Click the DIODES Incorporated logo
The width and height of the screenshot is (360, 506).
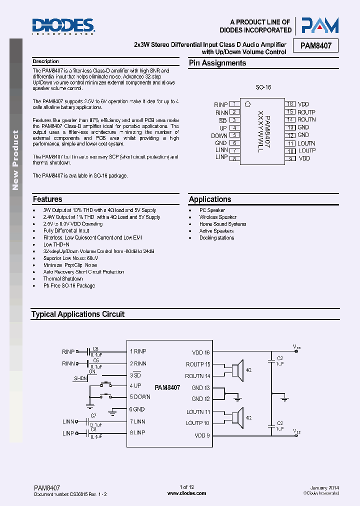click(x=63, y=26)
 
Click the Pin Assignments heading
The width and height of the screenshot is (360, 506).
click(x=217, y=63)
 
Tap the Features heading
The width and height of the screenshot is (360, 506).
click(x=47, y=199)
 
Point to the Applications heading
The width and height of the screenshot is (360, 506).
click(x=210, y=199)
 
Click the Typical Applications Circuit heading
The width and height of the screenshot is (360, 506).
click(x=77, y=314)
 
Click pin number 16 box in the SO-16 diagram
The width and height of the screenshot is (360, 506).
click(x=290, y=104)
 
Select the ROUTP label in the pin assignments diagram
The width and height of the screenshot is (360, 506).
click(x=306, y=112)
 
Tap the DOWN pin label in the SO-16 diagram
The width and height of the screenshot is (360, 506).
click(x=219, y=135)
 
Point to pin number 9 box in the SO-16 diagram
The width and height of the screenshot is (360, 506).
click(x=290, y=158)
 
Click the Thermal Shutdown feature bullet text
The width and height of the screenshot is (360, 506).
click(x=63, y=279)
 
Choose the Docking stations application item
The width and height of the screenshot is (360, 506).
click(x=216, y=238)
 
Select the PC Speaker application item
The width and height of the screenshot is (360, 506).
click(x=212, y=210)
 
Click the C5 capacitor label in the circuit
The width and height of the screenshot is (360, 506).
click(x=95, y=348)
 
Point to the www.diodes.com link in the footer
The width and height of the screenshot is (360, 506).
click(x=186, y=493)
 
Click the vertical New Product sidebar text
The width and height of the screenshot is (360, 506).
click(x=15, y=160)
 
